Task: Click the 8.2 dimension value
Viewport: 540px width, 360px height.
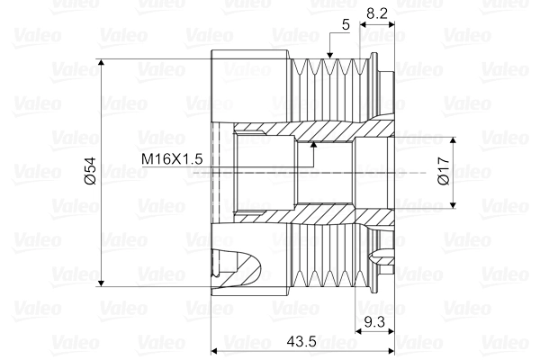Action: point(379,14)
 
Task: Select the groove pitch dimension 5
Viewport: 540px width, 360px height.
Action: point(346,24)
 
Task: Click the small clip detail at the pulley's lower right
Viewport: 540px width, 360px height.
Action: point(387,261)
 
